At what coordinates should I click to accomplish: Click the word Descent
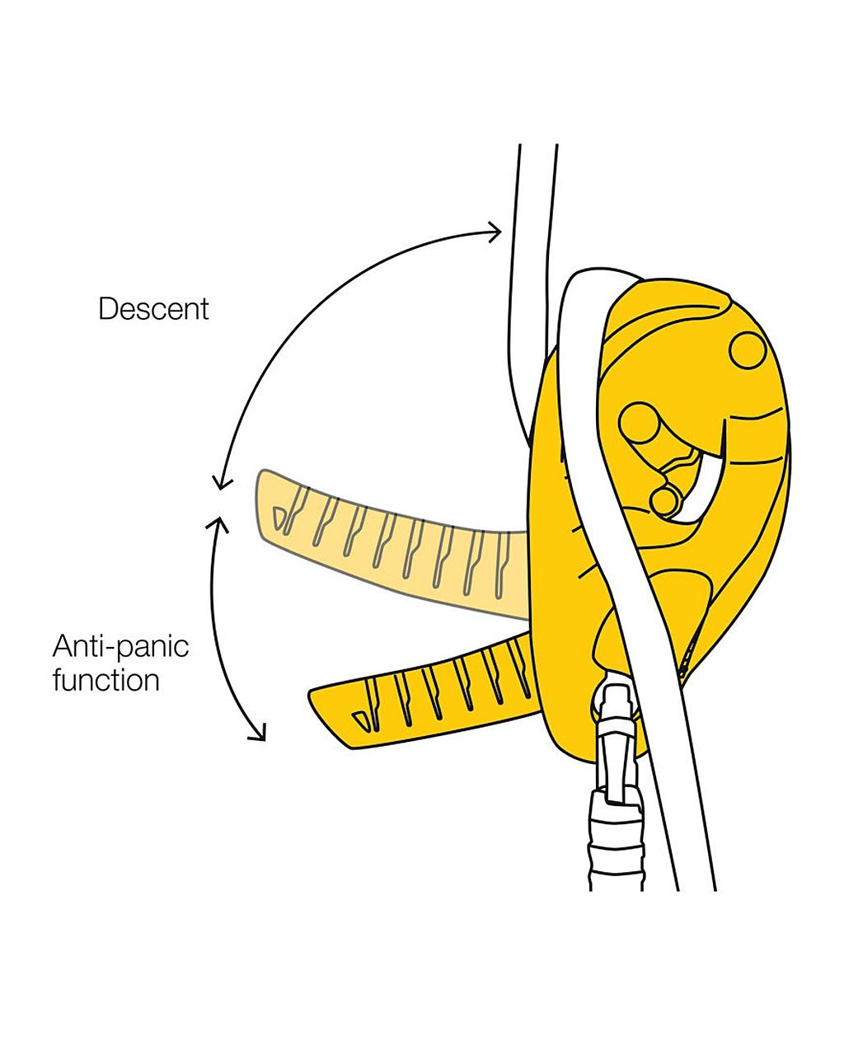[x=153, y=309]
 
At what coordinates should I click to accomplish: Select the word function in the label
[x=105, y=681]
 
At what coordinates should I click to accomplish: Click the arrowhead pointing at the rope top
[x=495, y=232]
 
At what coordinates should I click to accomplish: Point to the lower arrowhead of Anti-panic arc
[x=260, y=734]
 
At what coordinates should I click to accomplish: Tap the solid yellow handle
[x=429, y=692]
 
